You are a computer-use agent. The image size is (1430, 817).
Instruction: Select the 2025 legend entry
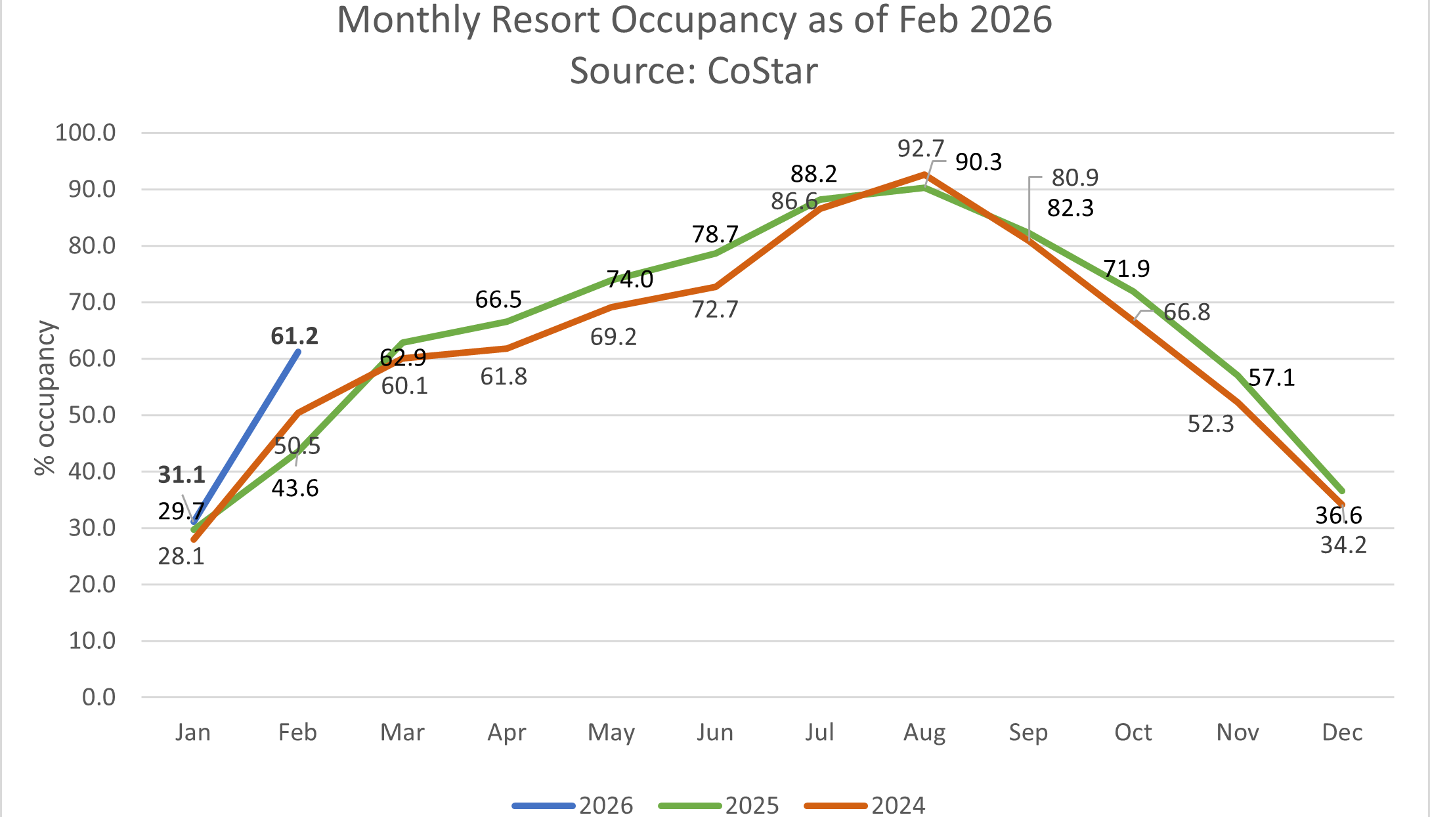[719, 805]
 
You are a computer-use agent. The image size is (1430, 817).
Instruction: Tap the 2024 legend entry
[865, 805]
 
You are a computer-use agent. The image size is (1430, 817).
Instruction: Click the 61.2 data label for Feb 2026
[294, 336]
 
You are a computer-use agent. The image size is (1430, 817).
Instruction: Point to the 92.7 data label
[921, 149]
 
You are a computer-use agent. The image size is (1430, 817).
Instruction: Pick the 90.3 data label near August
[978, 162]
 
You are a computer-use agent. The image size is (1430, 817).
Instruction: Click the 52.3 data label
[1211, 425]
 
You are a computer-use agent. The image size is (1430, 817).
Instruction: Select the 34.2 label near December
[1343, 545]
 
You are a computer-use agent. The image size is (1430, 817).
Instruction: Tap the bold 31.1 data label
[182, 474]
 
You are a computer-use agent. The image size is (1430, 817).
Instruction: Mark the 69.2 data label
[613, 337]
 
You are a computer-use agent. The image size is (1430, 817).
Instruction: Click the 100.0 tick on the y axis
[85, 133]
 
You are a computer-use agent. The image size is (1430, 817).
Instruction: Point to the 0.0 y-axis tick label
[98, 697]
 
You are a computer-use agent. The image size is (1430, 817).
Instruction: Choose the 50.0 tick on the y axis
[91, 415]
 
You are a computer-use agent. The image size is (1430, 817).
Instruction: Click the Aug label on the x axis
[924, 732]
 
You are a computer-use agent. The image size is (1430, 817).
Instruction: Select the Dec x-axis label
[1342, 732]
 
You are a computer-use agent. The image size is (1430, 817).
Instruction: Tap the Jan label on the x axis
[193, 732]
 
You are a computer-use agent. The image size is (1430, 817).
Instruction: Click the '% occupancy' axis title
[45, 398]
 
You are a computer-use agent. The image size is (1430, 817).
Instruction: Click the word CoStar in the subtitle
[762, 71]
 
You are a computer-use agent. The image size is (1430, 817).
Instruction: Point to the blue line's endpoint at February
[299, 352]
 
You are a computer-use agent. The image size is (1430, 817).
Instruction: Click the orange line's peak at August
[924, 175]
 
